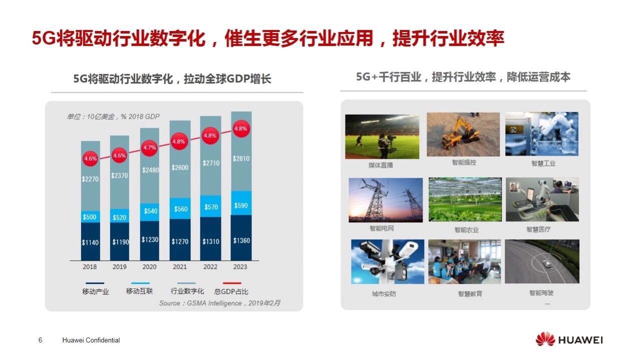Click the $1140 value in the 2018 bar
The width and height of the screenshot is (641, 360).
pyautogui.click(x=90, y=243)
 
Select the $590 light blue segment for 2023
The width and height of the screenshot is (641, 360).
pyautogui.click(x=241, y=203)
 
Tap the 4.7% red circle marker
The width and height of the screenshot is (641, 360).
pyautogui.click(x=149, y=148)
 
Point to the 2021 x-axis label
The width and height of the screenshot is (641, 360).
pyautogui.click(x=180, y=267)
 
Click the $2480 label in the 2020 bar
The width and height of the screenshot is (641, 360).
pyautogui.click(x=151, y=170)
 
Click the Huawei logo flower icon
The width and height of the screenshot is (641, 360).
pyautogui.click(x=545, y=339)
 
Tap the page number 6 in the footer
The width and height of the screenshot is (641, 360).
pyautogui.click(x=41, y=340)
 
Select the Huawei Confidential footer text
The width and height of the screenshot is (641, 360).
pyautogui.click(x=91, y=340)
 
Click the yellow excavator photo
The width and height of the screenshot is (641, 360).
pyautogui.click(x=463, y=134)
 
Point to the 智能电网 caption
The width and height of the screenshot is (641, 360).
pyautogui.click(x=382, y=228)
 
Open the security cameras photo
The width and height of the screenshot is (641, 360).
pyautogui.click(x=388, y=261)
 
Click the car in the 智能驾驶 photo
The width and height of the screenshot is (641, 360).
pyautogui.click(x=546, y=263)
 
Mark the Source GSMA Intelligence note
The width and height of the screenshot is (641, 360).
pyautogui.click(x=220, y=303)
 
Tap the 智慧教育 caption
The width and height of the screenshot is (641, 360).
pyautogui.click(x=470, y=293)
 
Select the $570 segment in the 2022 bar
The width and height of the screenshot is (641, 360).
pyautogui.click(x=211, y=206)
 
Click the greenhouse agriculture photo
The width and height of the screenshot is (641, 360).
pyautogui.click(x=465, y=199)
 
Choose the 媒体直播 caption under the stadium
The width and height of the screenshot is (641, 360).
pyautogui.click(x=381, y=165)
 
